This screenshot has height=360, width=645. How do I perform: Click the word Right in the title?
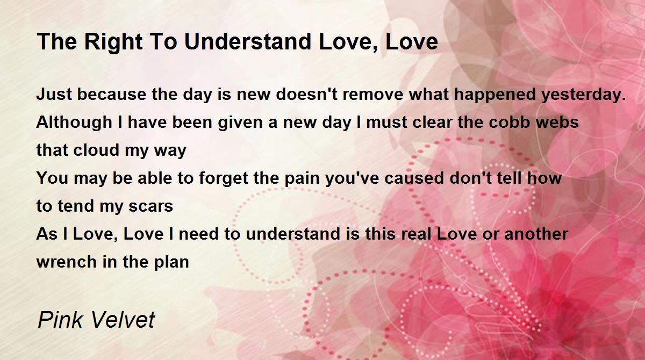click(x=113, y=42)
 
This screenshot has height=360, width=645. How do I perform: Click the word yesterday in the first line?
click(x=584, y=95)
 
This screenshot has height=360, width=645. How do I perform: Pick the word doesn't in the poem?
click(x=307, y=94)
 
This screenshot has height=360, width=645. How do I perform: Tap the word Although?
click(x=74, y=123)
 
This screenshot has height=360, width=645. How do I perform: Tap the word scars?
click(x=150, y=206)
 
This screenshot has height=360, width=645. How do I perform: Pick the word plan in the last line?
click(x=171, y=262)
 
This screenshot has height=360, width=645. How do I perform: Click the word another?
click(x=536, y=233)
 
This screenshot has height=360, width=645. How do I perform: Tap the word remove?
click(x=373, y=95)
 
